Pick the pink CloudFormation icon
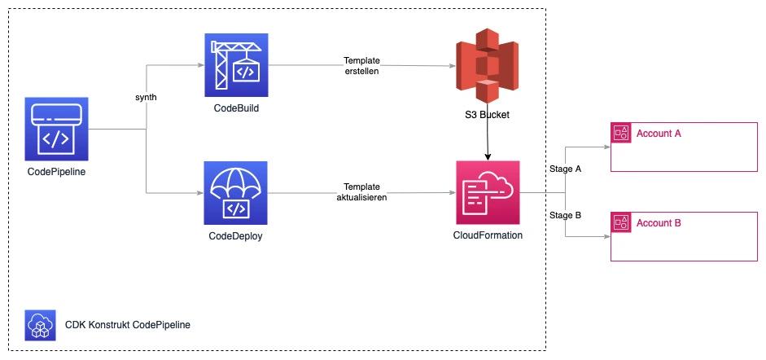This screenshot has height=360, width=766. point(488,193)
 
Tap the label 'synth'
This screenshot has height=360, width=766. point(146,97)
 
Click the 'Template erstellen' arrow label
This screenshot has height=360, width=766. point(361,66)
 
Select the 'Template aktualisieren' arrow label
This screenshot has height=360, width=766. point(361,192)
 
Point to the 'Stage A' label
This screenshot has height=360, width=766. point(566,169)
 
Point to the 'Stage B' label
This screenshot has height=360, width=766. point(566,215)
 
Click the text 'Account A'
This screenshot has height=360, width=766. point(659,133)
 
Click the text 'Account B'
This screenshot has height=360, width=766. point(659,222)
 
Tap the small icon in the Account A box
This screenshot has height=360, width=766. point(621,133)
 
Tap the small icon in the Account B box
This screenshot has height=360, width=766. point(621,222)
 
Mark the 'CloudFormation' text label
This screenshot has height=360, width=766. point(488,235)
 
